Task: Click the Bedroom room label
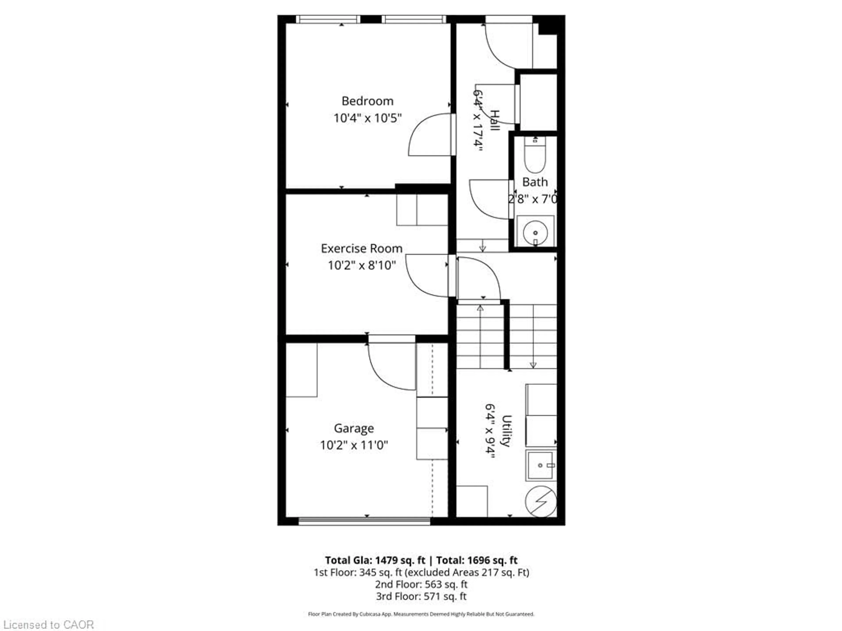[367, 101]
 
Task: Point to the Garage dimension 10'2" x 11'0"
[354, 445]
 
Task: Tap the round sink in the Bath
[535, 232]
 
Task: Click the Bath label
[535, 182]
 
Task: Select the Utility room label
[506, 431]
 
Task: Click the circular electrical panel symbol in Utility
[541, 501]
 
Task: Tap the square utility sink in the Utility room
[541, 465]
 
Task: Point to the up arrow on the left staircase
[480, 308]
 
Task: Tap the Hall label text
[494, 121]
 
